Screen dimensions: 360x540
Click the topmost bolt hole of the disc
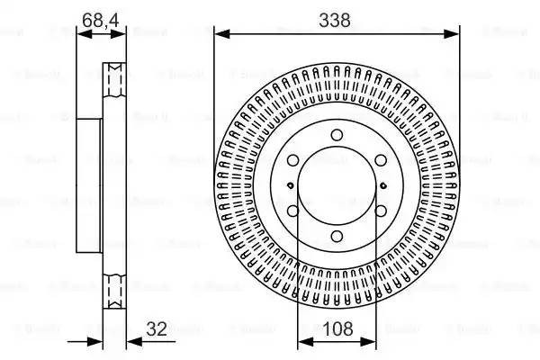[337, 135]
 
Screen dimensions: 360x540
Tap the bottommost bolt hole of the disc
[337, 237]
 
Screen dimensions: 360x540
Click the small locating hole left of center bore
[288, 186]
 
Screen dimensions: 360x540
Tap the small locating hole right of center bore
[385, 186]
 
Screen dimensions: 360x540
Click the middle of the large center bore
[337, 186]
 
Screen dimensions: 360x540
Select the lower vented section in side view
[114, 290]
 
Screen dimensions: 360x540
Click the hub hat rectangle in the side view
[90, 186]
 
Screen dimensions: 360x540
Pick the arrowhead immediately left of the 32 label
[131, 341]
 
